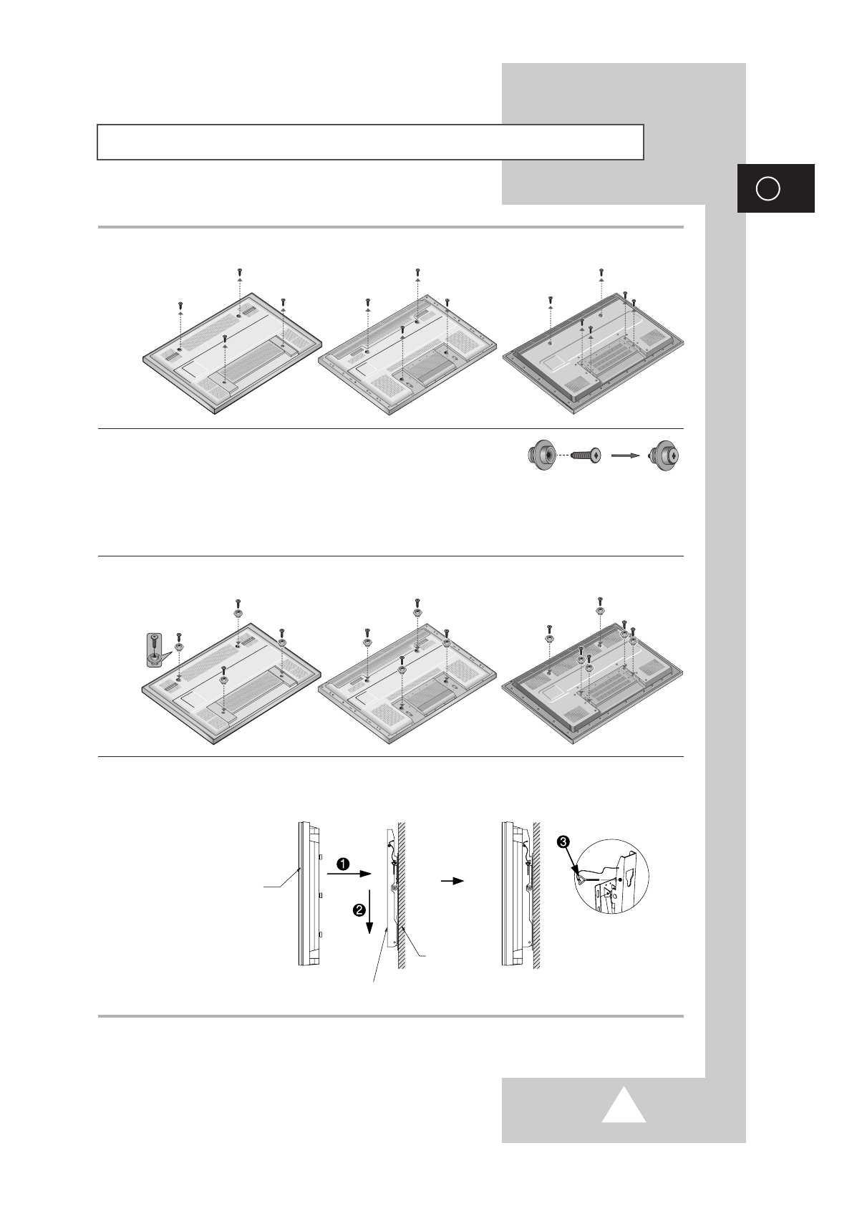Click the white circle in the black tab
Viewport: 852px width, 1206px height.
point(768,188)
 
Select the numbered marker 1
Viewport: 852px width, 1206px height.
point(343,864)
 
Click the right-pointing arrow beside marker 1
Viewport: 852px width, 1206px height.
point(349,874)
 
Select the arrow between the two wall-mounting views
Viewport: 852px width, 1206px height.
point(452,882)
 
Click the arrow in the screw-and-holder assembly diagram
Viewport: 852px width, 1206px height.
point(626,455)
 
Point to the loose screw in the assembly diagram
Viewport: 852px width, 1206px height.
point(586,456)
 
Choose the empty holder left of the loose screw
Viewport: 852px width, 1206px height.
point(541,456)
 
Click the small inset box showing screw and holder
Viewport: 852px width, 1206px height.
point(155,650)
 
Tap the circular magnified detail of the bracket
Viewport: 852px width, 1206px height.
point(611,876)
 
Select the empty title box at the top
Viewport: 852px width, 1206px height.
point(370,142)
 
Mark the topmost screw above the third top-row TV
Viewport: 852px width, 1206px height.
point(601,272)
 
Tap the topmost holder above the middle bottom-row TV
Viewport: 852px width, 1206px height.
point(417,612)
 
